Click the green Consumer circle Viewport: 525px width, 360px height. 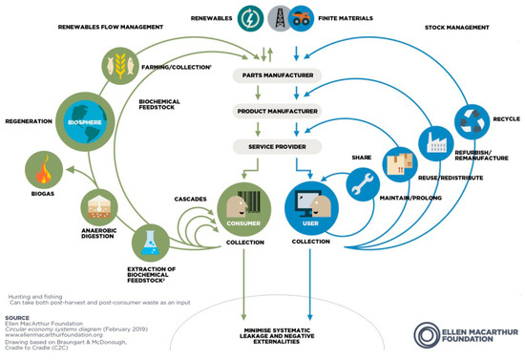(x=239, y=203)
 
